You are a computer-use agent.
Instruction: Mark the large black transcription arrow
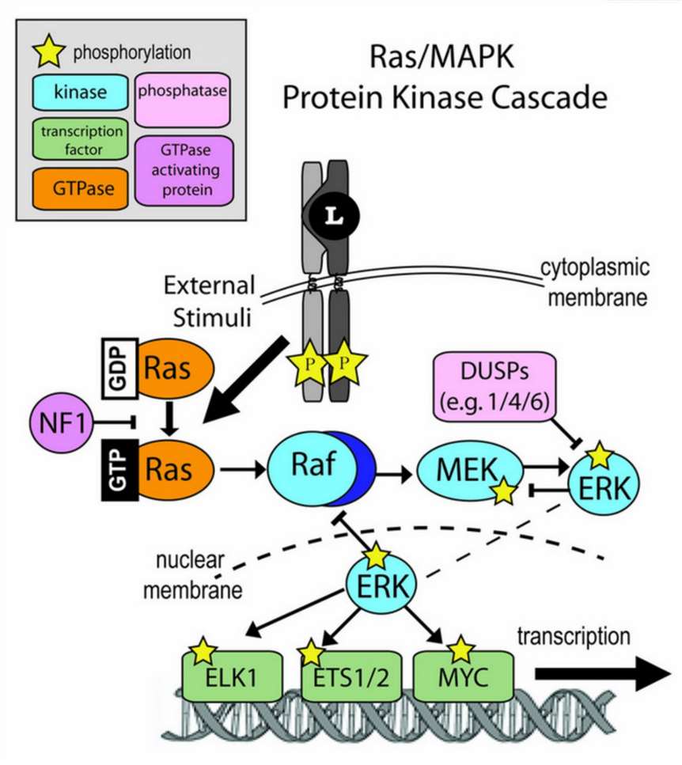pos(601,674)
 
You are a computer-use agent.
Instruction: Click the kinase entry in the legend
pos(80,93)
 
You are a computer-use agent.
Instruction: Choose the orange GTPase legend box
pos(80,188)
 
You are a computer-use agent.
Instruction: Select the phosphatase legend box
pos(183,93)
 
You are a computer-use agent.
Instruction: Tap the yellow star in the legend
pos(49,53)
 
